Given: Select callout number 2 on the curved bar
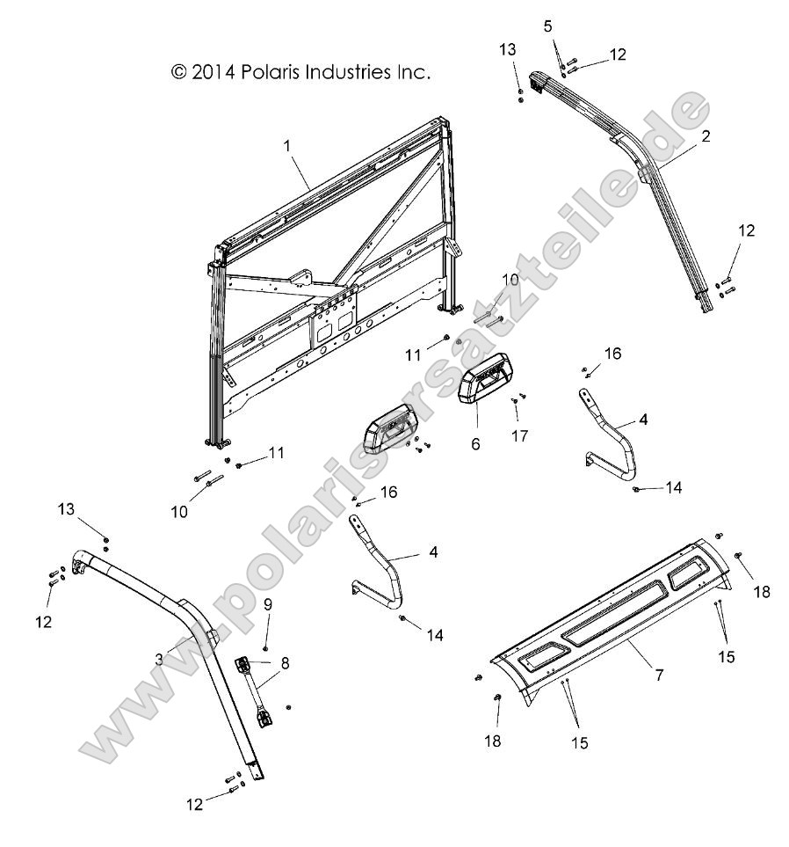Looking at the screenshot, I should coord(706,136).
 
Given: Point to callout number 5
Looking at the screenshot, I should coord(548,26).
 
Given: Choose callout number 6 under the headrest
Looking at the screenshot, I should coord(476,444).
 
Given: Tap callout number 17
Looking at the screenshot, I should coord(524,434).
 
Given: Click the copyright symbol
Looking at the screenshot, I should coord(178,72).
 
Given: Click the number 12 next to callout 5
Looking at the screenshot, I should coord(617,55).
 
